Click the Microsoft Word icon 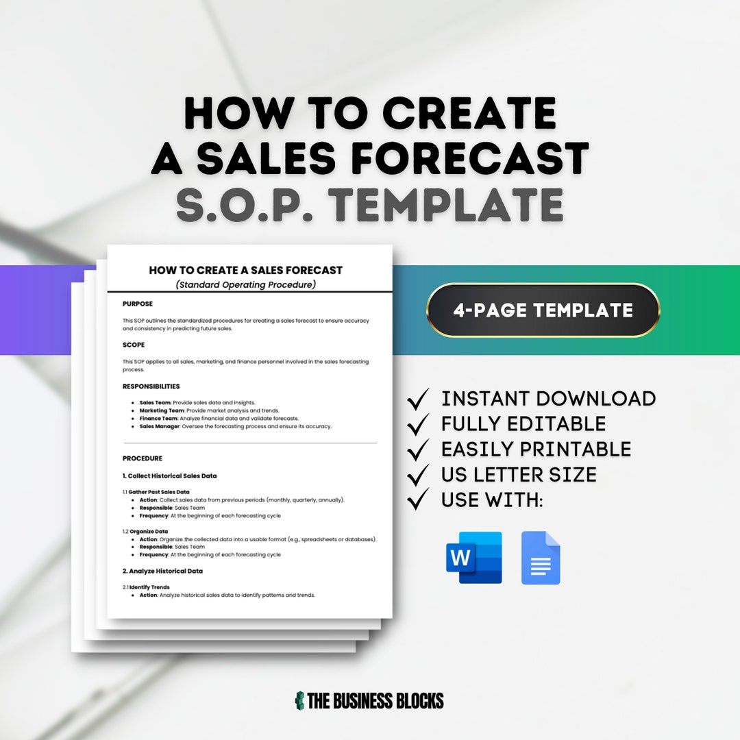pos(474,557)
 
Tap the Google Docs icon pos(541,558)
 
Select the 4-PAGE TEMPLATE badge pos(543,310)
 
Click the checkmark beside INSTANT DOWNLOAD pos(418,399)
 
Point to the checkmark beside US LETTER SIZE pos(418,475)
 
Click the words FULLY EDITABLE pos(523,424)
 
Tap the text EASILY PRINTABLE pos(536,449)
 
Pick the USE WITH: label pos(492,500)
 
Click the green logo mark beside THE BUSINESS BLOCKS pos(299,700)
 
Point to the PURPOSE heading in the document pos(138,304)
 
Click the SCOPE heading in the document pos(134,345)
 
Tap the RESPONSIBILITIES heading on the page pos(151,386)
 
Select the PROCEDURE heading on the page pos(143,458)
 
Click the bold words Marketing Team pos(160,410)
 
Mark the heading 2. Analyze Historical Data pos(162,571)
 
